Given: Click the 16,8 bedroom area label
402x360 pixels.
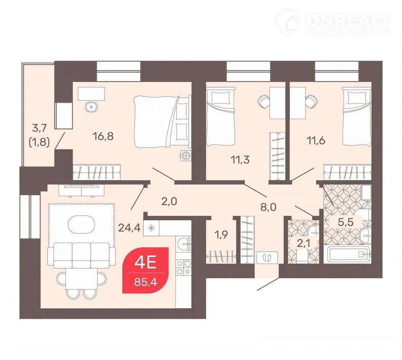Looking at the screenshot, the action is (103, 136).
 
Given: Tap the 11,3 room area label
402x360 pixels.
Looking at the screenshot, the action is (240, 160).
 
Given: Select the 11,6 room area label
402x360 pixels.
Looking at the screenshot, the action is (316, 140).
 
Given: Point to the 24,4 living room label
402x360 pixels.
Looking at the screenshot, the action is (130, 227).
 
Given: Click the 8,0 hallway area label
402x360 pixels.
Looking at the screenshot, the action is (269, 207).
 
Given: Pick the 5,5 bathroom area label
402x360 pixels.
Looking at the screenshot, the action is (346, 222).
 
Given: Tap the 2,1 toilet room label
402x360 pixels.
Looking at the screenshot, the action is (303, 243).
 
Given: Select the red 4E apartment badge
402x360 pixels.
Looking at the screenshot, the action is (146, 270).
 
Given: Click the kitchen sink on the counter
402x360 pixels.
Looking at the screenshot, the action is (183, 244).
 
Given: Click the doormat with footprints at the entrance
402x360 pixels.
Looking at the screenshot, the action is (267, 257).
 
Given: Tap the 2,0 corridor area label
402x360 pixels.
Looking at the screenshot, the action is (169, 202).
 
